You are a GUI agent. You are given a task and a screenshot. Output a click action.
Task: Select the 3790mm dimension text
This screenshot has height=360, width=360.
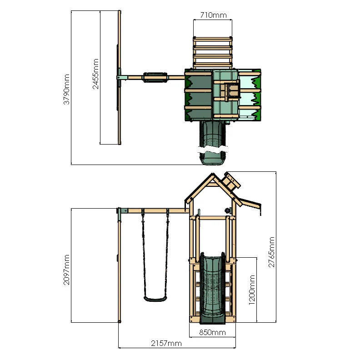66,90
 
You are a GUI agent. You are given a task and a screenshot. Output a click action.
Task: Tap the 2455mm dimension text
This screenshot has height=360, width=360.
96,74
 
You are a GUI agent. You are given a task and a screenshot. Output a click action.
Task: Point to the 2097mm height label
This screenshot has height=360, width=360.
66,270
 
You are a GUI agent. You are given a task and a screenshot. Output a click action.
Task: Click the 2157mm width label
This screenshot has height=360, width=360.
166,343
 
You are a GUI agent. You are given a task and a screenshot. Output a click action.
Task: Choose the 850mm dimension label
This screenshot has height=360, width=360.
213,332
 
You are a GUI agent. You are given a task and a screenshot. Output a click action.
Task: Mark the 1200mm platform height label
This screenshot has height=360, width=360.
252,289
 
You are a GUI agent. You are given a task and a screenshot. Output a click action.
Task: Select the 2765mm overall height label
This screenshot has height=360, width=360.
271,252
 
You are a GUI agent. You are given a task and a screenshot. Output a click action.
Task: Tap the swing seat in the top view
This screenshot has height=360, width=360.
155,78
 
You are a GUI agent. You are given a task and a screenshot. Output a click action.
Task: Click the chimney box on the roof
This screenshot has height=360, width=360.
231,181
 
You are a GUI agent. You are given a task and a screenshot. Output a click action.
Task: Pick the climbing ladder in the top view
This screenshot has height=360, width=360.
213,52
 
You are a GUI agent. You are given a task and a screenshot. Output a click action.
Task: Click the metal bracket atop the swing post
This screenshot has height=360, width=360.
122,211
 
